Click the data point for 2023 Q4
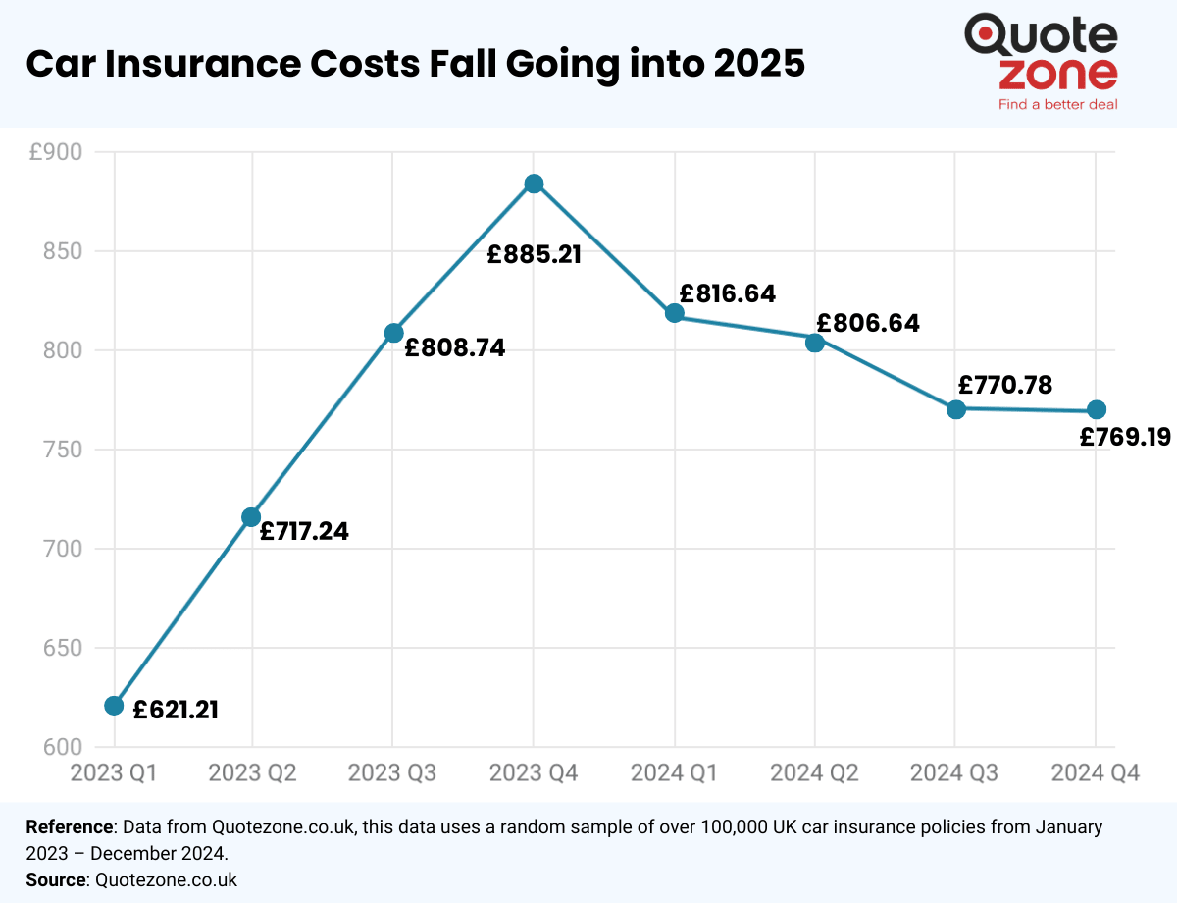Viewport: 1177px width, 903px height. (x=534, y=185)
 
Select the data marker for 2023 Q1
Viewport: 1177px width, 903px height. (x=114, y=706)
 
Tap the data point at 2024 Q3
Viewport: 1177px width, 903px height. (x=956, y=408)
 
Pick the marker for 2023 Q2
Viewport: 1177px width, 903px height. (x=251, y=516)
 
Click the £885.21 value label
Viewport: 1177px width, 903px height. (x=535, y=254)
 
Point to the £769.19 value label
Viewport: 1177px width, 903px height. (x=1124, y=438)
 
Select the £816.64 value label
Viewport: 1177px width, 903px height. (x=727, y=293)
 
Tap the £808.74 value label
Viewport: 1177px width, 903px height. (x=455, y=347)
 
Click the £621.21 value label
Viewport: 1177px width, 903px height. (x=176, y=709)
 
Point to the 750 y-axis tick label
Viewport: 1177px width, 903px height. (x=64, y=450)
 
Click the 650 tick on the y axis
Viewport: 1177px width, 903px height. (x=64, y=648)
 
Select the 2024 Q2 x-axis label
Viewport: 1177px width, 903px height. (x=814, y=773)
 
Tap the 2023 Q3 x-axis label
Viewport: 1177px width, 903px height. (x=392, y=773)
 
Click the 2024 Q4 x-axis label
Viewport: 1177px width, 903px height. (x=1096, y=773)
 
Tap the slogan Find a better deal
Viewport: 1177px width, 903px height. (x=1057, y=103)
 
